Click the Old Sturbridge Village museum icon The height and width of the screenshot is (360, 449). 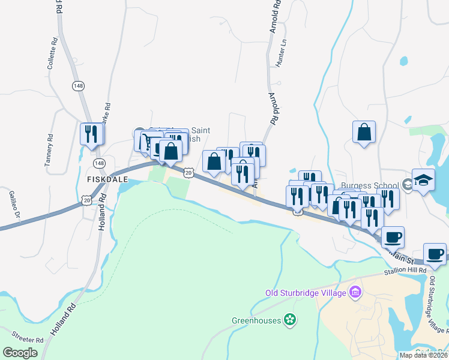click(356, 292)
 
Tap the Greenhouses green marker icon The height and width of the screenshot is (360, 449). click(291, 320)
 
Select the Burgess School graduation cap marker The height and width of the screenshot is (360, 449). click(423, 181)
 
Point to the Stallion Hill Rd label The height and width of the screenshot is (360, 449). click(408, 272)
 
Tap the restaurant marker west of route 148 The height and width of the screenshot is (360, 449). click(91, 133)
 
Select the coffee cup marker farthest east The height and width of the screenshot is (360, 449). click(435, 254)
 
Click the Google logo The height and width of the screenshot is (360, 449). click(20, 353)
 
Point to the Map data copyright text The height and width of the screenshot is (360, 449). click(423, 355)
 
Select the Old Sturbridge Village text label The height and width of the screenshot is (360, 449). click(306, 293)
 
